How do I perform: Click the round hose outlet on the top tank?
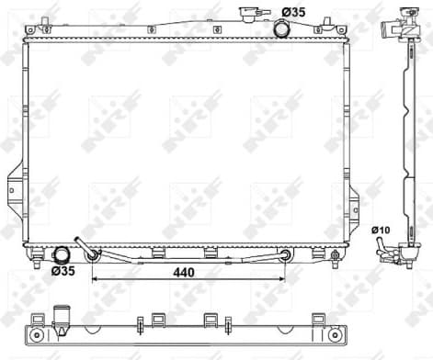coord(280,28)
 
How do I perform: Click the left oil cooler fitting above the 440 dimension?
coord(92,254)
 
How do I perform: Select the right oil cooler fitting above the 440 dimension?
coord(285,254)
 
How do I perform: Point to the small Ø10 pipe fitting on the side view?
coord(380,245)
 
